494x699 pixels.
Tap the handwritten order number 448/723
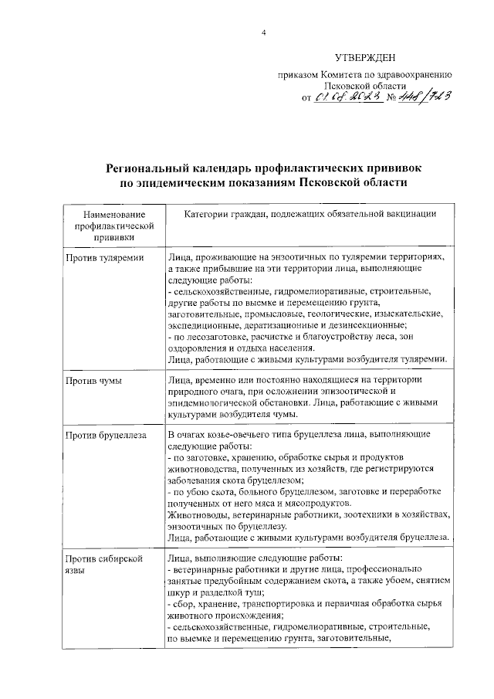(421, 97)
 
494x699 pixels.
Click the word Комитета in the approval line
(334, 76)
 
